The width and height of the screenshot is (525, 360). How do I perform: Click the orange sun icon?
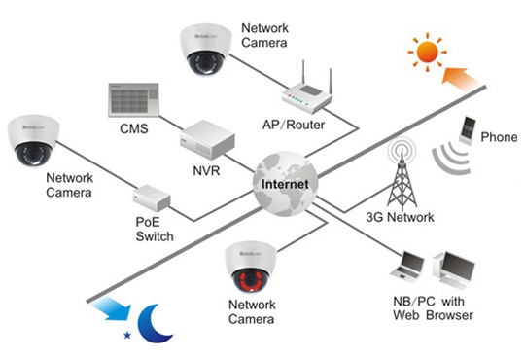click(x=427, y=53)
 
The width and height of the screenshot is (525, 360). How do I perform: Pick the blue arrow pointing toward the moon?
click(x=112, y=307)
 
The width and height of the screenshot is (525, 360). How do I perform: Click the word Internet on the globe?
click(x=285, y=184)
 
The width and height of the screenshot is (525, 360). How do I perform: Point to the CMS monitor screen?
click(x=133, y=99)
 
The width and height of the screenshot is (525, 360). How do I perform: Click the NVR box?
click(x=207, y=139)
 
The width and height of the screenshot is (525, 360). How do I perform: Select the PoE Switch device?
click(x=152, y=198)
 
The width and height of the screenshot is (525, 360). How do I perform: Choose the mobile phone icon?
click(x=468, y=130)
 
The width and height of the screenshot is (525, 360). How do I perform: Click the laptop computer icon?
click(x=407, y=265)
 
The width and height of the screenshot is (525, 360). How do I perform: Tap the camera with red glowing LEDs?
click(x=250, y=268)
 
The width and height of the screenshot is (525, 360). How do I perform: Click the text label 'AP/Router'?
click(x=294, y=125)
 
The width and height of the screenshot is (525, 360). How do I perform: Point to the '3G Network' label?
click(x=400, y=217)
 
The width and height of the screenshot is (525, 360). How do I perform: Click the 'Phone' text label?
click(x=499, y=137)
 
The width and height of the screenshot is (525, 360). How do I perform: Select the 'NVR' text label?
click(x=206, y=171)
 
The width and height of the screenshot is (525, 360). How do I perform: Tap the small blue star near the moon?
click(x=127, y=335)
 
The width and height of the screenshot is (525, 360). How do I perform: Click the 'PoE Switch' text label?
click(x=155, y=230)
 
